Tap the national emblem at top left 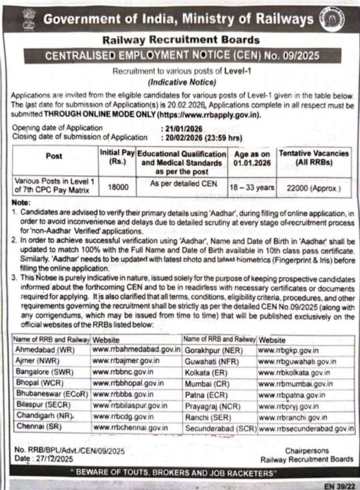click(x=29, y=19)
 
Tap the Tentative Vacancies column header click(x=314, y=158)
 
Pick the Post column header click(x=54, y=156)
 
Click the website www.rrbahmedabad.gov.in click(x=136, y=349)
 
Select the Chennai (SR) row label click(x=36, y=426)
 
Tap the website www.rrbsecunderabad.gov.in click(x=306, y=429)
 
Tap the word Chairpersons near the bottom click(x=307, y=451)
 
